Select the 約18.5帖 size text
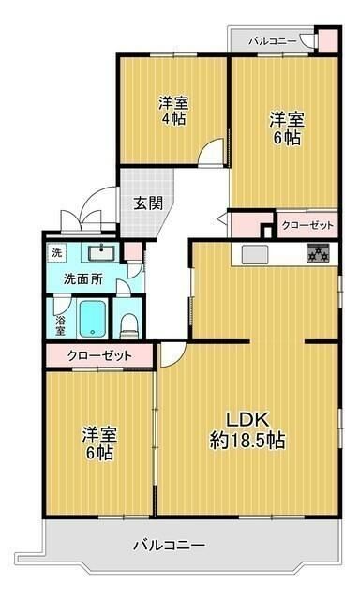pyautogui.click(x=247, y=441)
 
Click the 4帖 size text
pyautogui.click(x=172, y=118)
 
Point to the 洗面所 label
pyautogui.click(x=83, y=278)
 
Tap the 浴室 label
pyautogui.click(x=60, y=323)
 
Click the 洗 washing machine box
pyautogui.click(x=57, y=252)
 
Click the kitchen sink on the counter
pyautogui.click(x=255, y=253)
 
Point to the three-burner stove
pyautogui.click(x=318, y=253)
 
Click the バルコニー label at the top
pyautogui.click(x=273, y=41)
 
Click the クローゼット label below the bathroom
pyautogui.click(x=98, y=356)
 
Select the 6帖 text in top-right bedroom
pyautogui.click(x=287, y=138)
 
